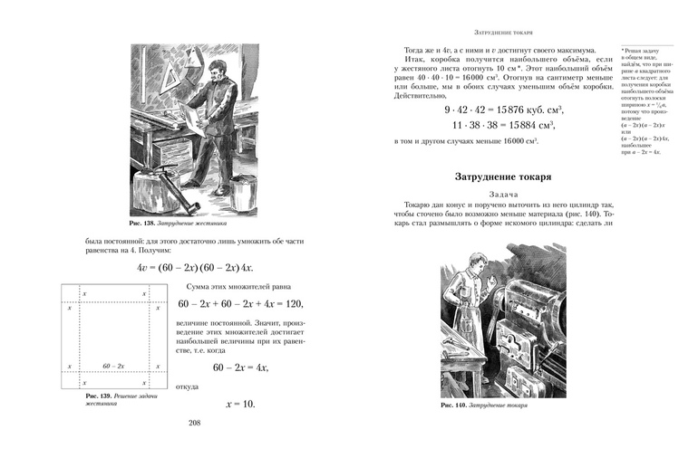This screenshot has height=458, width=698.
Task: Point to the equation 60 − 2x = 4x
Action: coord(240,368)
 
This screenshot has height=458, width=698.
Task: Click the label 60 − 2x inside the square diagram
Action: coord(114,365)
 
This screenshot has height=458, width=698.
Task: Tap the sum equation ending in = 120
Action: coord(239,303)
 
